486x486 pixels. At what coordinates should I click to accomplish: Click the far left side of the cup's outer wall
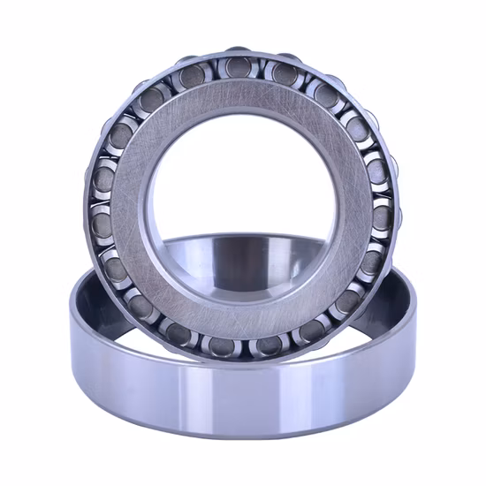(x=74, y=353)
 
